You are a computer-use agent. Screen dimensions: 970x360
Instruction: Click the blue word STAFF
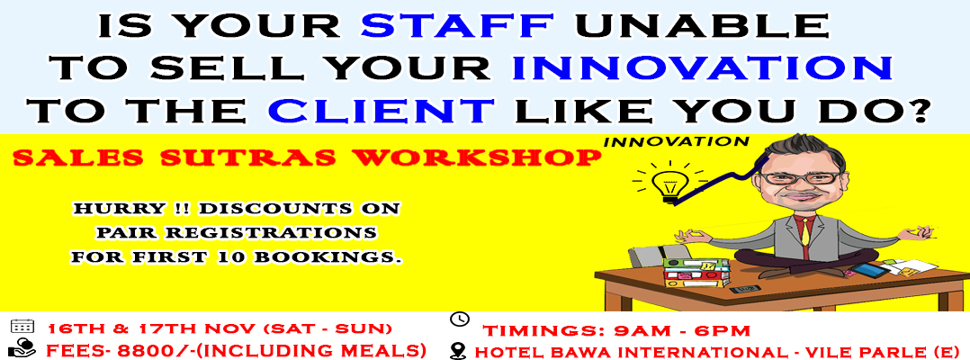[x=458, y=26]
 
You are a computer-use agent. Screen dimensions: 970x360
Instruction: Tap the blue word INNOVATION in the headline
[x=704, y=68]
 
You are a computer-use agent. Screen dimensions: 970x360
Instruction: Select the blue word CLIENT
[x=382, y=112]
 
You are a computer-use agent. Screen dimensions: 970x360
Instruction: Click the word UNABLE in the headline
[x=702, y=26]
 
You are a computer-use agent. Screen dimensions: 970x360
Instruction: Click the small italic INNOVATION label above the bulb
[x=676, y=141]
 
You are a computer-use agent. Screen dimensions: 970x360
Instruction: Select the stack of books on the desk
[x=696, y=273]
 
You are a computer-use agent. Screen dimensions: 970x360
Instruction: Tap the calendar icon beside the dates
[x=22, y=327]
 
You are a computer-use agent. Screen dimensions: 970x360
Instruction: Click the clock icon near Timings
[x=459, y=319]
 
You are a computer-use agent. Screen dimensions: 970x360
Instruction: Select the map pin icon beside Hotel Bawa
[x=458, y=350]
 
